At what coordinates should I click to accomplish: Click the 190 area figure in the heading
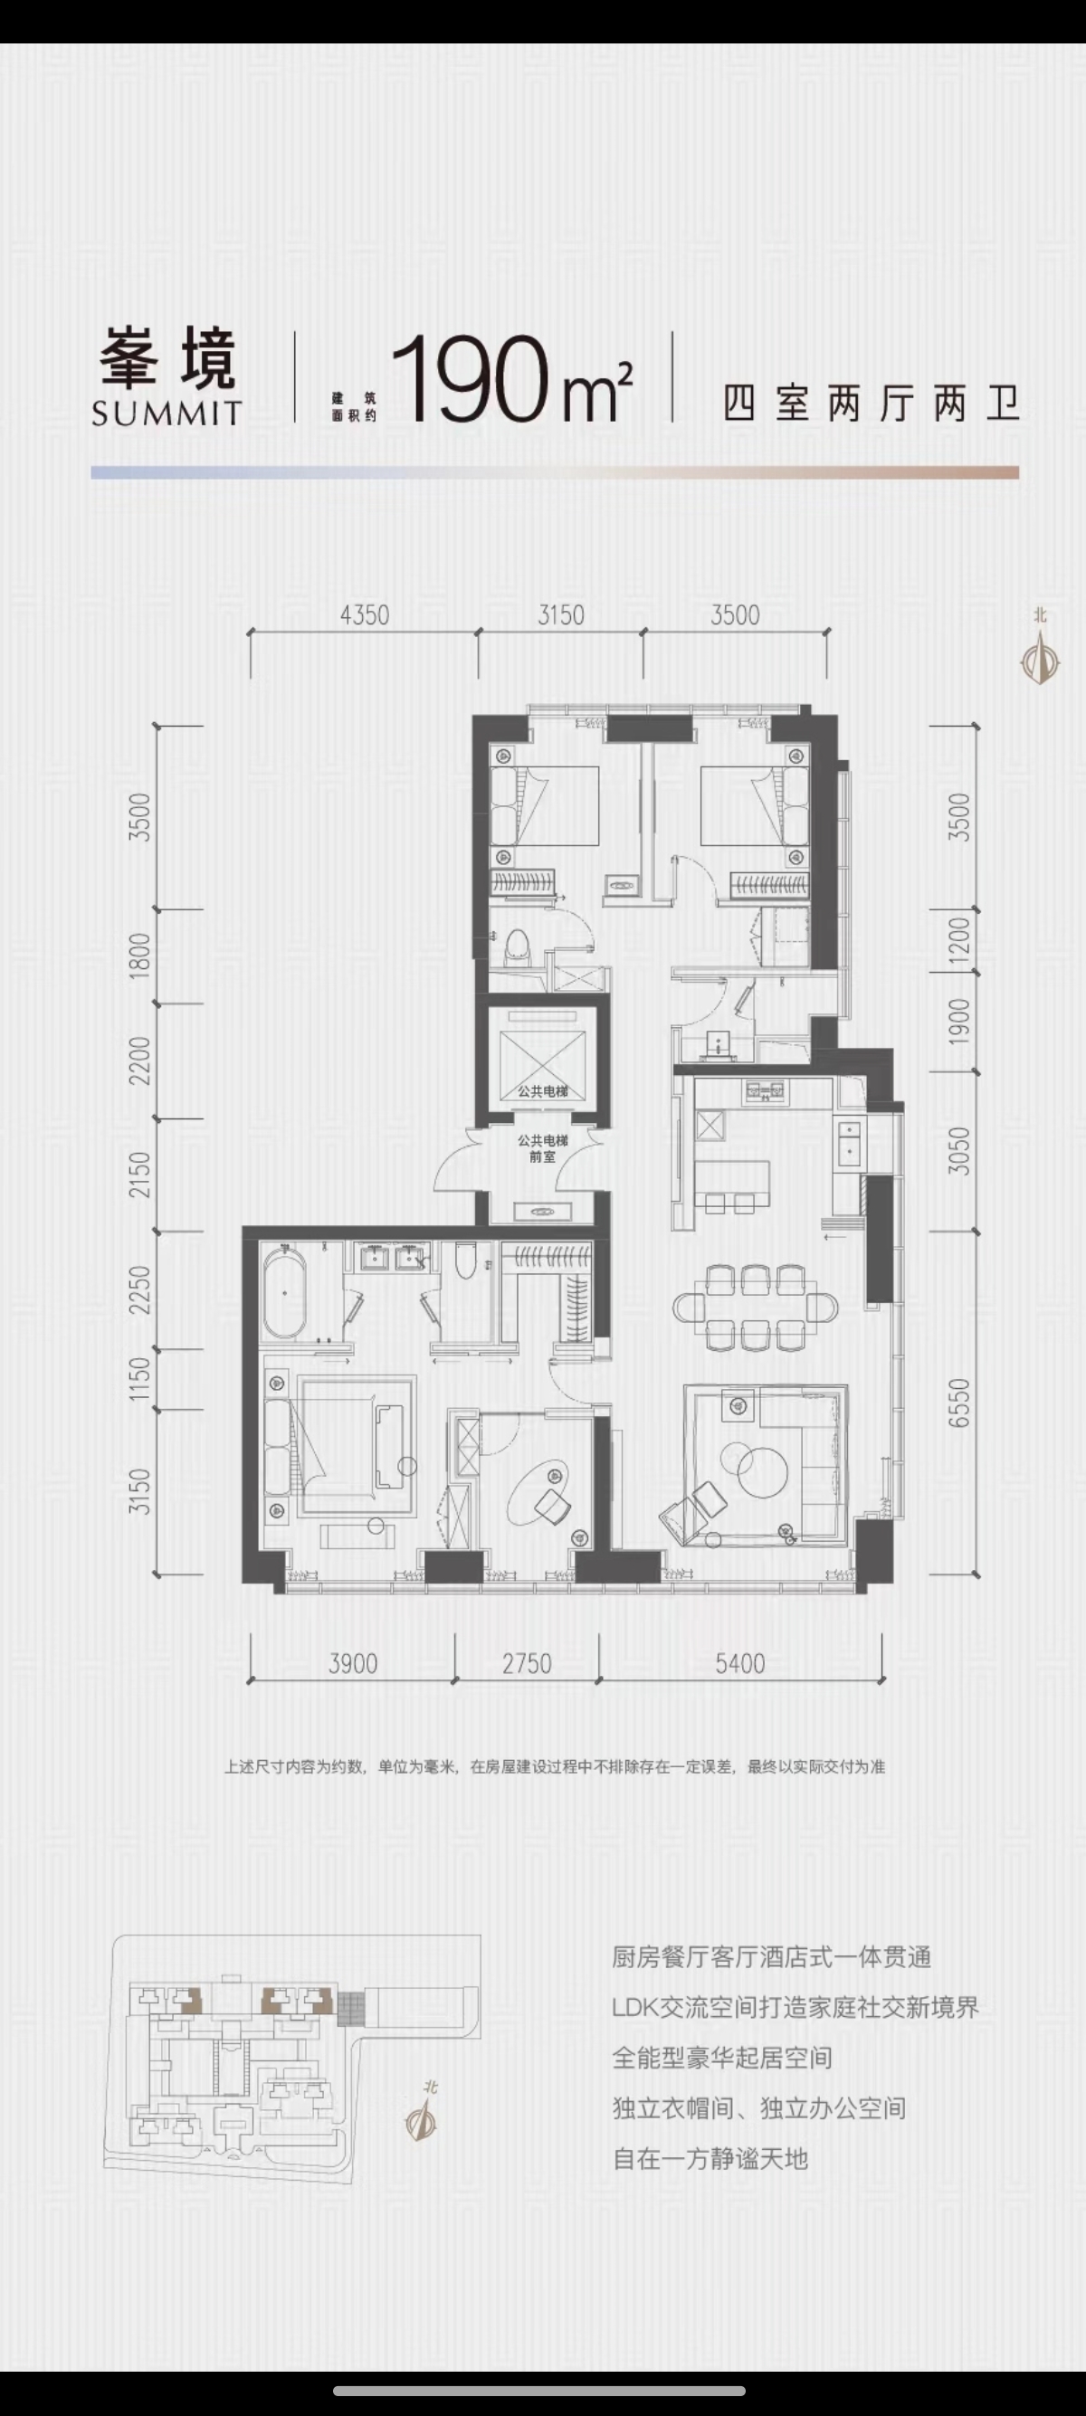pyautogui.click(x=469, y=380)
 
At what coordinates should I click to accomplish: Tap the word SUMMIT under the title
pyautogui.click(x=167, y=414)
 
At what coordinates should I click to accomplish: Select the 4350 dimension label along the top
pyautogui.click(x=364, y=615)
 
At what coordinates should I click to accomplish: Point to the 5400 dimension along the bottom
pyautogui.click(x=740, y=1664)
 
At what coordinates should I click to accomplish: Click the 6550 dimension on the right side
pyautogui.click(x=958, y=1403)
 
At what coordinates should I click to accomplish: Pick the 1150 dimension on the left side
pyautogui.click(x=139, y=1380)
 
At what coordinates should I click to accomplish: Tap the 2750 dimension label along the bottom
pyautogui.click(x=526, y=1664)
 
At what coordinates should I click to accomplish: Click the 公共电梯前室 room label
pyautogui.click(x=543, y=1149)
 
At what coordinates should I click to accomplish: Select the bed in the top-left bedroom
pyautogui.click(x=545, y=805)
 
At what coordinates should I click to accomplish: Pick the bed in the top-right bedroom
pyautogui.click(x=754, y=805)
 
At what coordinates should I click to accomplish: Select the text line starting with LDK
pyautogui.click(x=795, y=2008)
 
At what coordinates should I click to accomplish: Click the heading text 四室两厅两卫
pyautogui.click(x=872, y=404)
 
